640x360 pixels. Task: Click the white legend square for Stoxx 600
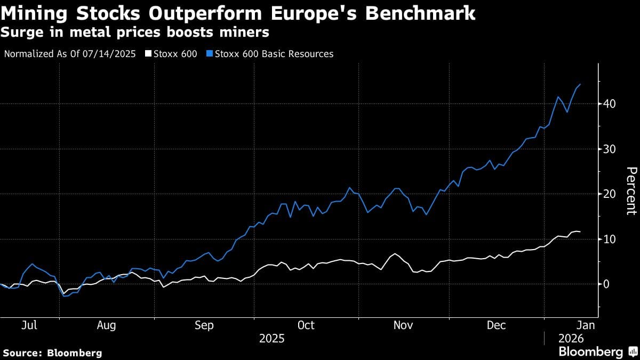click(149, 54)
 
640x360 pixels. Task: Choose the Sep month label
click(204, 325)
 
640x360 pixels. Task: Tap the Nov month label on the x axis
click(403, 325)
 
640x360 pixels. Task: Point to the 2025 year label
click(271, 339)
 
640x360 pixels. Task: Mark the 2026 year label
click(571, 339)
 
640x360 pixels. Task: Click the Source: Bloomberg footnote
click(52, 353)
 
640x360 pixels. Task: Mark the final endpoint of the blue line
click(580, 84)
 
